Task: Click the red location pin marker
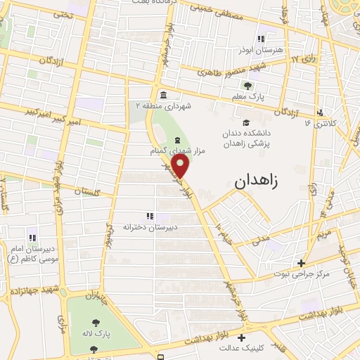click(181, 166)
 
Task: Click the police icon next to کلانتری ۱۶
click(321, 112)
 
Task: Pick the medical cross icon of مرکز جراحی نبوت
click(301, 263)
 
